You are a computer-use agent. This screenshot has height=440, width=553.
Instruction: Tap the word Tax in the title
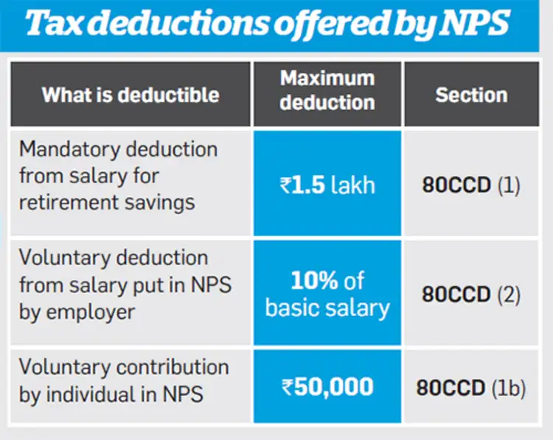pos(60,24)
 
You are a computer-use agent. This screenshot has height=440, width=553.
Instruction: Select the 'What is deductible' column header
pos(131,94)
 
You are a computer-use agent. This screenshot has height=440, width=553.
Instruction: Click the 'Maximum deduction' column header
pos(327,90)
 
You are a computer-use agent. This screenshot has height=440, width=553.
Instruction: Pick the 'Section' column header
pos(471,94)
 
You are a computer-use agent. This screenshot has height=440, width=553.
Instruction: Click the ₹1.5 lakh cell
pos(327,185)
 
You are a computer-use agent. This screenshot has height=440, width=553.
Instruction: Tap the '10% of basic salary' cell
pos(327,294)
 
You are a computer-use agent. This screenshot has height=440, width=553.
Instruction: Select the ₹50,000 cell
pos(327,385)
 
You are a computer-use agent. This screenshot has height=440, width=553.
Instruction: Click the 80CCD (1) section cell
pos(471,185)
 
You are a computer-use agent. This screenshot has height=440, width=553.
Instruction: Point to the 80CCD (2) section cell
pos(471,294)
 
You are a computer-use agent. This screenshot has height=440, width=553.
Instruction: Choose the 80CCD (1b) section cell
pos(471,388)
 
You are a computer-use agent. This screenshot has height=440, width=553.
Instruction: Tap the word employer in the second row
pos(96,312)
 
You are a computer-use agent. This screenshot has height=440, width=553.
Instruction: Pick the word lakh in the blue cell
pos(352,185)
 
